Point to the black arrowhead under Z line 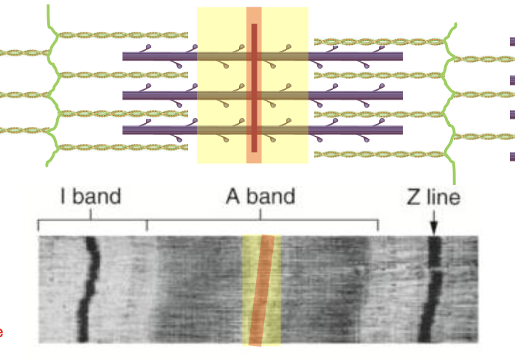click(x=433, y=229)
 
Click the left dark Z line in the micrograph click(x=89, y=288)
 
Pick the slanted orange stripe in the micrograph click(x=262, y=290)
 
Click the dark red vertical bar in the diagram click(x=254, y=87)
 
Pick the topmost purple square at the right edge click(x=511, y=42)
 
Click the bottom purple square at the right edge click(x=511, y=156)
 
